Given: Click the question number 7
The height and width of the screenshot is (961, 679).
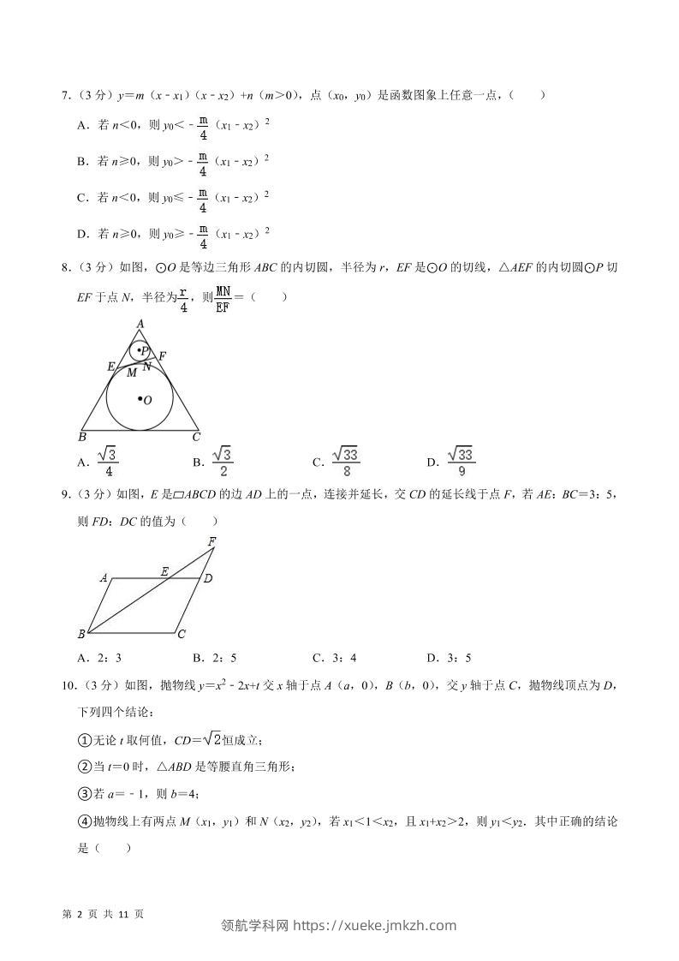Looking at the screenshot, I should point(65,96).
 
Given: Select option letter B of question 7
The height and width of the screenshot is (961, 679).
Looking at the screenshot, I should point(82,160).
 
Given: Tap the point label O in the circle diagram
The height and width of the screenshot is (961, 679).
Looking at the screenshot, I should point(148,400).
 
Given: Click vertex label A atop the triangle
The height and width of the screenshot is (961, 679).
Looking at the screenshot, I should point(139,323).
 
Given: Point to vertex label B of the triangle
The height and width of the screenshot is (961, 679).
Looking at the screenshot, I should point(82,437).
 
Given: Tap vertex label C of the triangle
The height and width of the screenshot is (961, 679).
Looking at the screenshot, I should point(196,437).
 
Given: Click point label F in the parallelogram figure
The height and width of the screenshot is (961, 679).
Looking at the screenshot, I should point(211,540).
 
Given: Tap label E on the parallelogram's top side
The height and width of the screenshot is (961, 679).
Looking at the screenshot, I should point(164,570).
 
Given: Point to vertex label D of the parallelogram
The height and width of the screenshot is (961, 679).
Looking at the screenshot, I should point(207,579).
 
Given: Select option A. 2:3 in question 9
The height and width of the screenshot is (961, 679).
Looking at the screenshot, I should point(99,658).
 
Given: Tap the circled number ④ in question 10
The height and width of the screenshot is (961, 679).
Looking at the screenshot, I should point(84,821).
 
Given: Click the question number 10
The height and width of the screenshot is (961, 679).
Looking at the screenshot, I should point(68,685).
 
